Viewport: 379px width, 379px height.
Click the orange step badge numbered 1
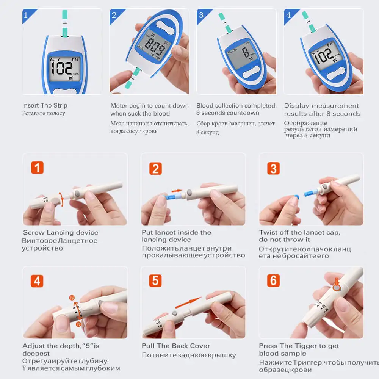(37, 168)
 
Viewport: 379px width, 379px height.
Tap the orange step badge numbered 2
(155, 168)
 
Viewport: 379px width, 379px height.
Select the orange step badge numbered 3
(273, 168)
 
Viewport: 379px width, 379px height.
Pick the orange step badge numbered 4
(37, 281)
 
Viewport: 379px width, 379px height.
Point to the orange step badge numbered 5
(155, 281)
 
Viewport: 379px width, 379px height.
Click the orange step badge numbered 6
(273, 281)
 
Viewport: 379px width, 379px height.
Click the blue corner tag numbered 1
(27, 15)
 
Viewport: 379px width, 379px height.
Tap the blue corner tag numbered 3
(201, 15)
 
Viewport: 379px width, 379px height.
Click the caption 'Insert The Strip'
(44, 105)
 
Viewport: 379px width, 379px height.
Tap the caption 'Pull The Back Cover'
(176, 346)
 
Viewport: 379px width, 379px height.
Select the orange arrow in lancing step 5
(188, 302)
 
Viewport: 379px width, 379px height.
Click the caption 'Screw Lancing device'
(61, 233)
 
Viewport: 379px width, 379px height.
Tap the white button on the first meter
(64, 91)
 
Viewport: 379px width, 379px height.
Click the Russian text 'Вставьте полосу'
(44, 113)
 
